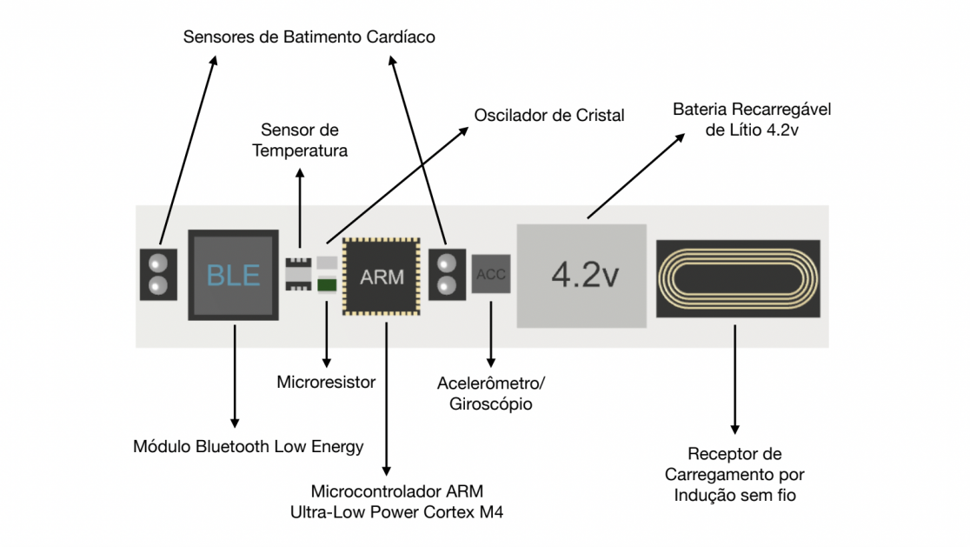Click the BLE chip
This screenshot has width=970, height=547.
pyautogui.click(x=234, y=275)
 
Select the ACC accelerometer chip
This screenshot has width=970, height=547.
pyautogui.click(x=491, y=275)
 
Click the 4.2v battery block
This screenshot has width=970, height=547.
pyautogui.click(x=581, y=276)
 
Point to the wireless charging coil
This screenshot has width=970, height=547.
pyautogui.click(x=737, y=277)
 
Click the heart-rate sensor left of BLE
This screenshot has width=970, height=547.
pyautogui.click(x=158, y=274)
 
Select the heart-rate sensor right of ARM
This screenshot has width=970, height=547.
pyautogui.click(x=448, y=274)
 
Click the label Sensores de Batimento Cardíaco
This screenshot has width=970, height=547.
pyautogui.click(x=309, y=38)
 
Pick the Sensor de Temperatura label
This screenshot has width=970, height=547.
pyautogui.click(x=300, y=140)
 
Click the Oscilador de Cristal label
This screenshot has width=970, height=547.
pyautogui.click(x=549, y=115)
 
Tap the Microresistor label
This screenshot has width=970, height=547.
pyautogui.click(x=326, y=382)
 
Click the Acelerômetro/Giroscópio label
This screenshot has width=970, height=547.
pyautogui.click(x=491, y=393)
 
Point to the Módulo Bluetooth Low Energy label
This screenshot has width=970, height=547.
pyautogui.click(x=249, y=446)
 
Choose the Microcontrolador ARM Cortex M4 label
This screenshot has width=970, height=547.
pyautogui.click(x=396, y=502)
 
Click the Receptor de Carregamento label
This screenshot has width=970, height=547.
pyautogui.click(x=734, y=475)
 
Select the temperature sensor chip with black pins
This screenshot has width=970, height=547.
pyautogui.click(x=297, y=274)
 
